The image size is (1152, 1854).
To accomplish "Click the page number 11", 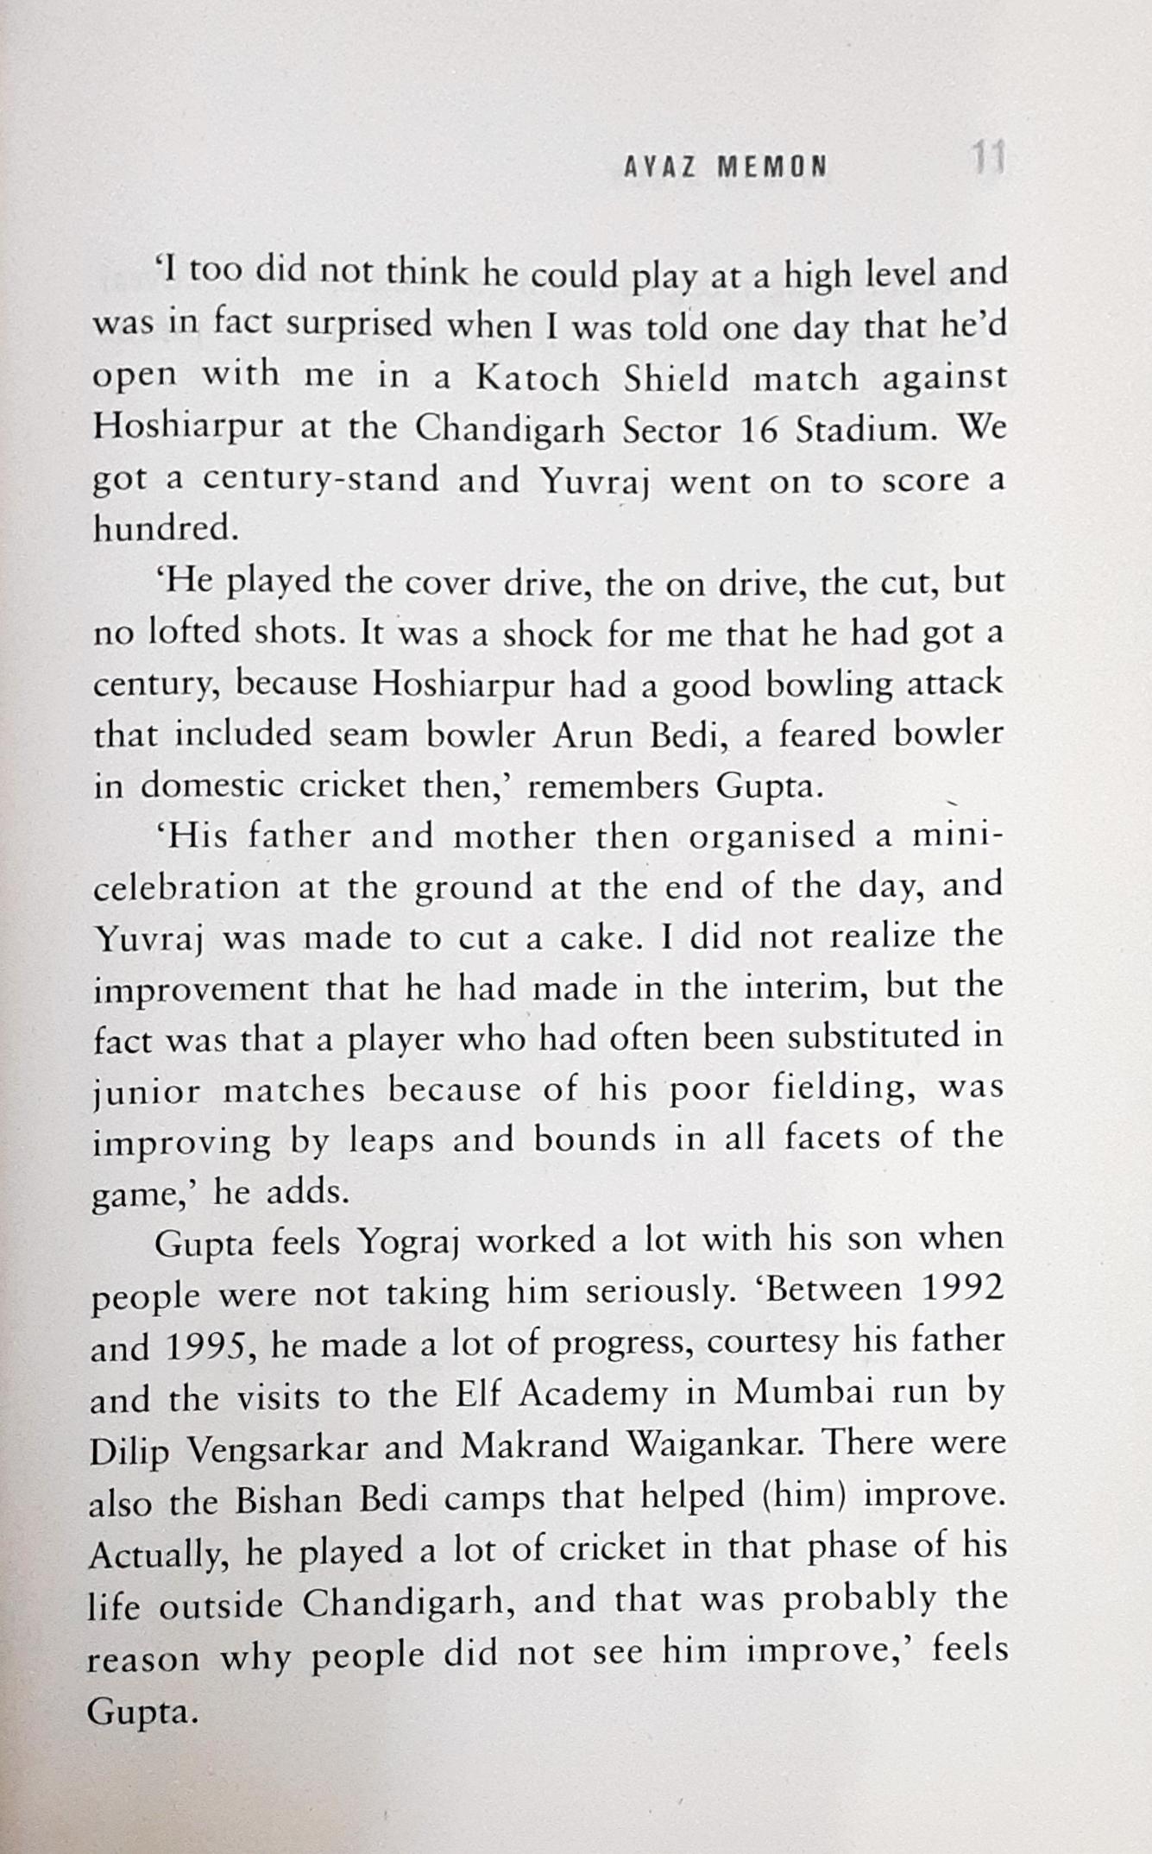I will (986, 161).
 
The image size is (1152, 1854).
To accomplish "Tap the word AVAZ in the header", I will (660, 166).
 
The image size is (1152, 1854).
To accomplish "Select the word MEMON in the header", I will (771, 166).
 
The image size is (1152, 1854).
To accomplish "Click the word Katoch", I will (538, 379).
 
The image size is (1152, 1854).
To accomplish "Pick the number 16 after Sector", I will (759, 430).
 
